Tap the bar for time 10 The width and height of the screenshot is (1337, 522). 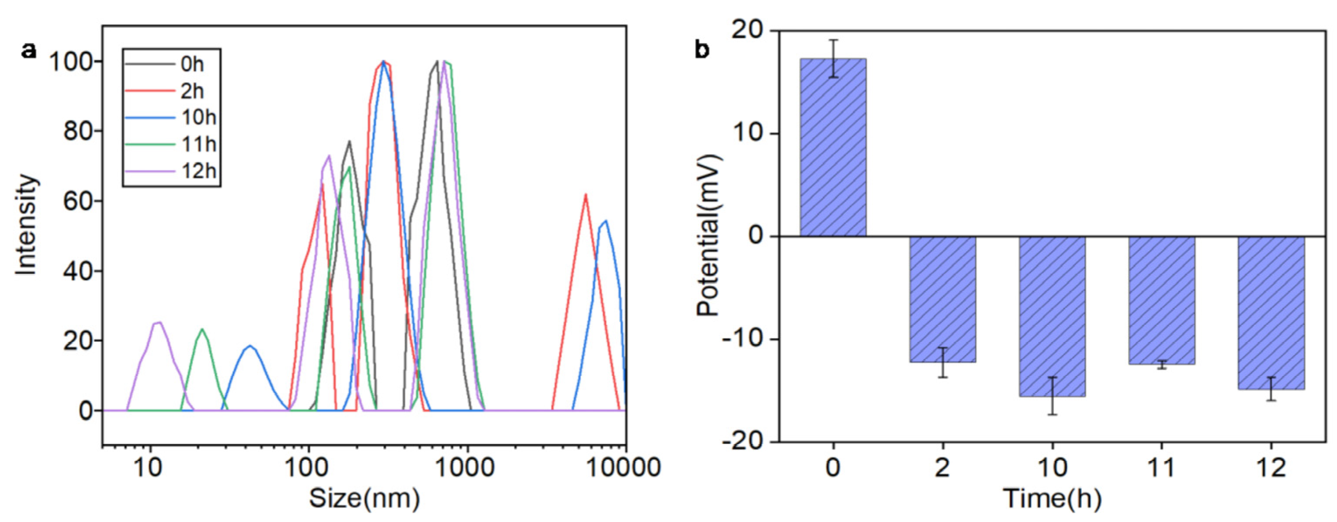[1052, 317]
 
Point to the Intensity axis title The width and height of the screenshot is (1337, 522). [26, 224]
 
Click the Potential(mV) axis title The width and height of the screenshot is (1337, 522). [708, 235]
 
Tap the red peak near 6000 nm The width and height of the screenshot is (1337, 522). [585, 196]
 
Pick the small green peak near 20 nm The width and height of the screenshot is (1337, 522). [202, 329]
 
